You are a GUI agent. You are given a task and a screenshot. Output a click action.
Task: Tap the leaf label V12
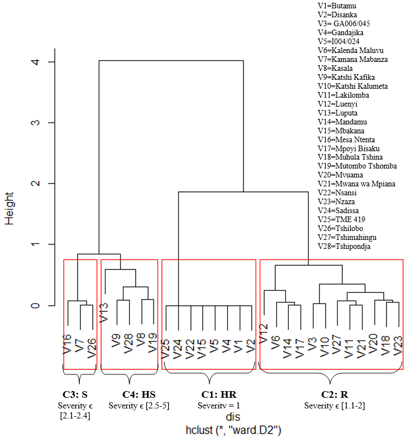click(264, 334)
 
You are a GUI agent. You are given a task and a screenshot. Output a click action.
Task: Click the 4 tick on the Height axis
click(36, 61)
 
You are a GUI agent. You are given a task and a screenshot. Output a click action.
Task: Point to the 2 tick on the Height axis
click(36, 184)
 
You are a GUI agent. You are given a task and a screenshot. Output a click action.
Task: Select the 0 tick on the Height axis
click(36, 305)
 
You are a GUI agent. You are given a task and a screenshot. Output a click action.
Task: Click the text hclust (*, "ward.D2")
click(233, 430)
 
